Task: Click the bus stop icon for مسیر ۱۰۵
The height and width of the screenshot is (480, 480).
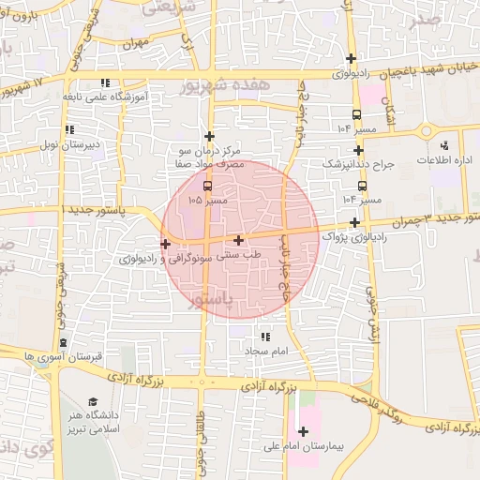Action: tap(207, 186)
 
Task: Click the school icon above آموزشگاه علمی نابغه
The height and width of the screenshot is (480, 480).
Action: tap(105, 82)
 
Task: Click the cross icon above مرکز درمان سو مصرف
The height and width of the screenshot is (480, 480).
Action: tap(210, 136)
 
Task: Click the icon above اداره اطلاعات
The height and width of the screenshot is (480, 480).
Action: tap(445, 145)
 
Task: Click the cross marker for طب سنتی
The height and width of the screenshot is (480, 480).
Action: tap(239, 240)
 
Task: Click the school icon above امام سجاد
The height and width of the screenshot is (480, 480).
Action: tap(264, 336)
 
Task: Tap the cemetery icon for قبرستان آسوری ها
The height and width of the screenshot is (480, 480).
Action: tap(63, 343)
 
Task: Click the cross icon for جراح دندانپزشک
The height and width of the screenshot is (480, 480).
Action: tap(358, 150)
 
